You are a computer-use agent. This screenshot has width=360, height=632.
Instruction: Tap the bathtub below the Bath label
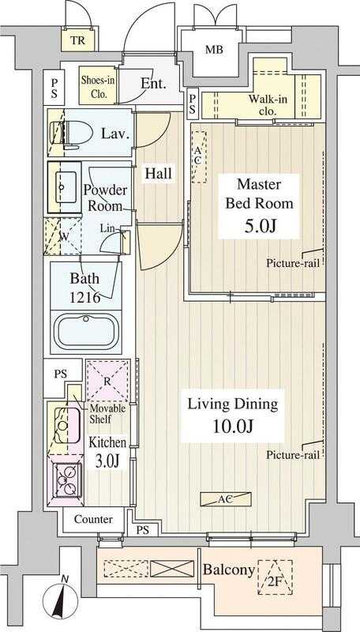point(87,330)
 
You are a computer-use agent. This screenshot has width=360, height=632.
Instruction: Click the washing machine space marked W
point(62,236)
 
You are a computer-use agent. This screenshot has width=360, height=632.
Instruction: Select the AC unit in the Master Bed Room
point(198,156)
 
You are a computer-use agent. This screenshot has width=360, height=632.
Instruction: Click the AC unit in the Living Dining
point(226,499)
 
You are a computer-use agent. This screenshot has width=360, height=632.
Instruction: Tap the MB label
point(214,51)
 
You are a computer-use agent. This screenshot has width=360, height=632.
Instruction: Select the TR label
point(78,41)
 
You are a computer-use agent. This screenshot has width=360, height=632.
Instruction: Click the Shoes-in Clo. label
point(98,87)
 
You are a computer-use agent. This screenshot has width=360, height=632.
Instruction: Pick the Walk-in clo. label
point(268,105)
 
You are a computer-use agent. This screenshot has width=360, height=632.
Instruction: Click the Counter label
point(93,519)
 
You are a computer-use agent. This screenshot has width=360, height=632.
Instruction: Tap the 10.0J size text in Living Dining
point(233,427)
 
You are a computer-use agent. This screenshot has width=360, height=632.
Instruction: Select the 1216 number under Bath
point(84,298)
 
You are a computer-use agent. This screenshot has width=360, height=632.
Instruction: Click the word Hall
point(158,174)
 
